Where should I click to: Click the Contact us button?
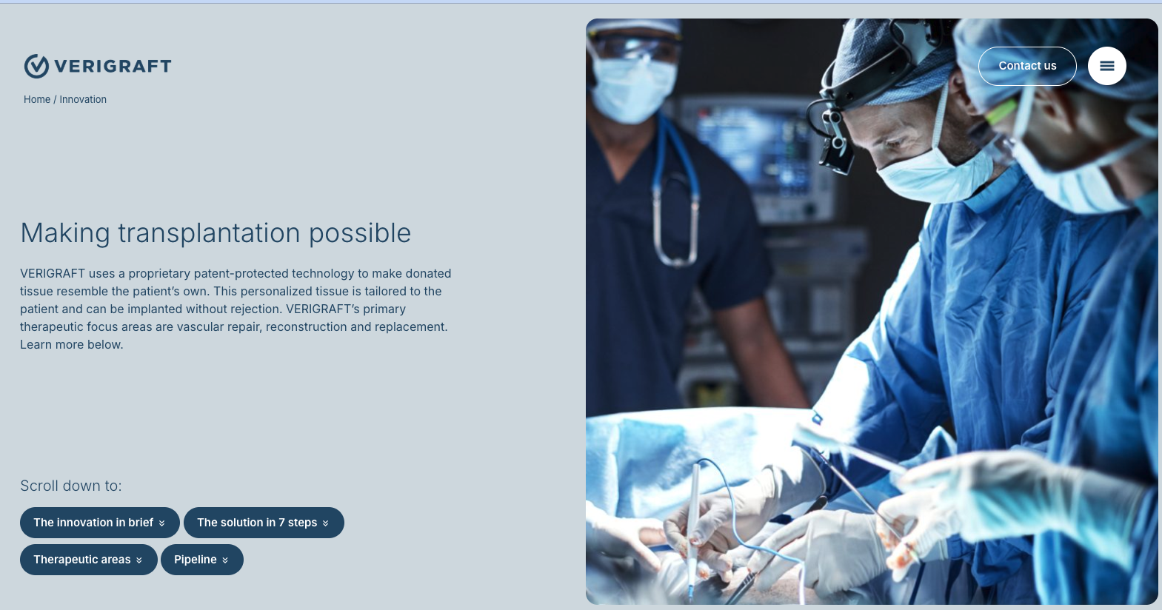[1027, 66]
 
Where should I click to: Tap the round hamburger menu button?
[1107, 66]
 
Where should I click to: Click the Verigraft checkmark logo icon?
[36, 66]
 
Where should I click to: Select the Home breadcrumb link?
[37, 99]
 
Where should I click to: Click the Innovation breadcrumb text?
[83, 99]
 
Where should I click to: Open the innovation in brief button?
[99, 523]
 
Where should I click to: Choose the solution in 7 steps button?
[264, 523]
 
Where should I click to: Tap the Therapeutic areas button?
[89, 560]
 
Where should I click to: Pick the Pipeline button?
[201, 560]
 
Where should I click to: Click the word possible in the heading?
[360, 233]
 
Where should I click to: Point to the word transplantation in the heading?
[209, 233]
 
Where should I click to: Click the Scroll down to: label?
[71, 486]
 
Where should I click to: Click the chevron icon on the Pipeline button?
[225, 560]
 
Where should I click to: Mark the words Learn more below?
[72, 344]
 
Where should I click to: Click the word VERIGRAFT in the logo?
[113, 67]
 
